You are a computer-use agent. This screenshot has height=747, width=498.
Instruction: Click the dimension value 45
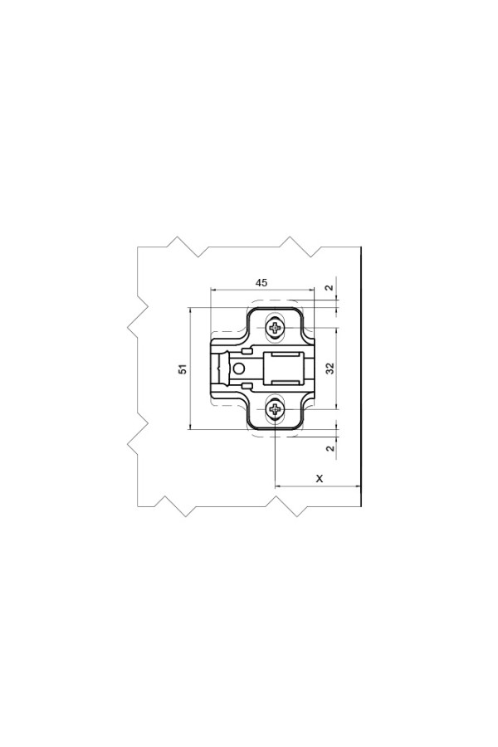(261, 282)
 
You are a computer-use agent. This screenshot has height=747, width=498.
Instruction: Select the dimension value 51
(183, 369)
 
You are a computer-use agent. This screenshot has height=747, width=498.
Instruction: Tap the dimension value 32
(330, 369)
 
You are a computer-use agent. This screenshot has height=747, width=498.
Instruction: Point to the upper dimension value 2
(330, 288)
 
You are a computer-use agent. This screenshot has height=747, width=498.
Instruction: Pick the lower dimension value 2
(330, 448)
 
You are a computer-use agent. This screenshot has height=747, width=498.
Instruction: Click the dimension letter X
(320, 478)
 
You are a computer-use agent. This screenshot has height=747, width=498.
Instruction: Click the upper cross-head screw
(276, 328)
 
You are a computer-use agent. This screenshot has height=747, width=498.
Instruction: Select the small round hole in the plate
(239, 369)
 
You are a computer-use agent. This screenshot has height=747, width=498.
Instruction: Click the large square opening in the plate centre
(284, 369)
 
